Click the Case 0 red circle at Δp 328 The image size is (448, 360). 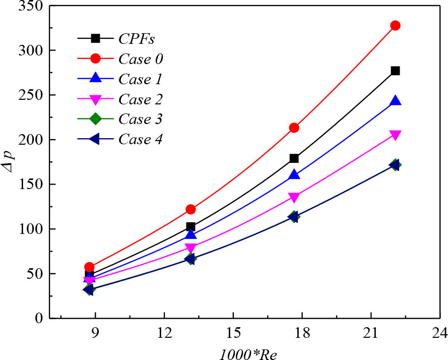(x=395, y=26)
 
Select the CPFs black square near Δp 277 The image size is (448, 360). (x=395, y=71)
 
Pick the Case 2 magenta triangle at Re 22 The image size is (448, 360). (x=395, y=135)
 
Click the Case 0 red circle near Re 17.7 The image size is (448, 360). (x=294, y=128)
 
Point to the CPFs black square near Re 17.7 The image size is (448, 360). (x=294, y=158)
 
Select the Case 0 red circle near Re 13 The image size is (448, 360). (x=190, y=209)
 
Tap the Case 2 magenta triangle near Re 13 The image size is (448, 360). (x=190, y=248)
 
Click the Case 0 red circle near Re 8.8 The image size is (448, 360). (x=89, y=267)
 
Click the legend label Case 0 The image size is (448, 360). (x=141, y=58)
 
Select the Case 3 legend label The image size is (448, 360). (x=141, y=119)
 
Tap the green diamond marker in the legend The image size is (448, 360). (x=95, y=119)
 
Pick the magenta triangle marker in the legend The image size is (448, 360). (x=95, y=99)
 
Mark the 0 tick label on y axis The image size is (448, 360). (x=38, y=319)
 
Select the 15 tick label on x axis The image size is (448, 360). (x=233, y=334)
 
